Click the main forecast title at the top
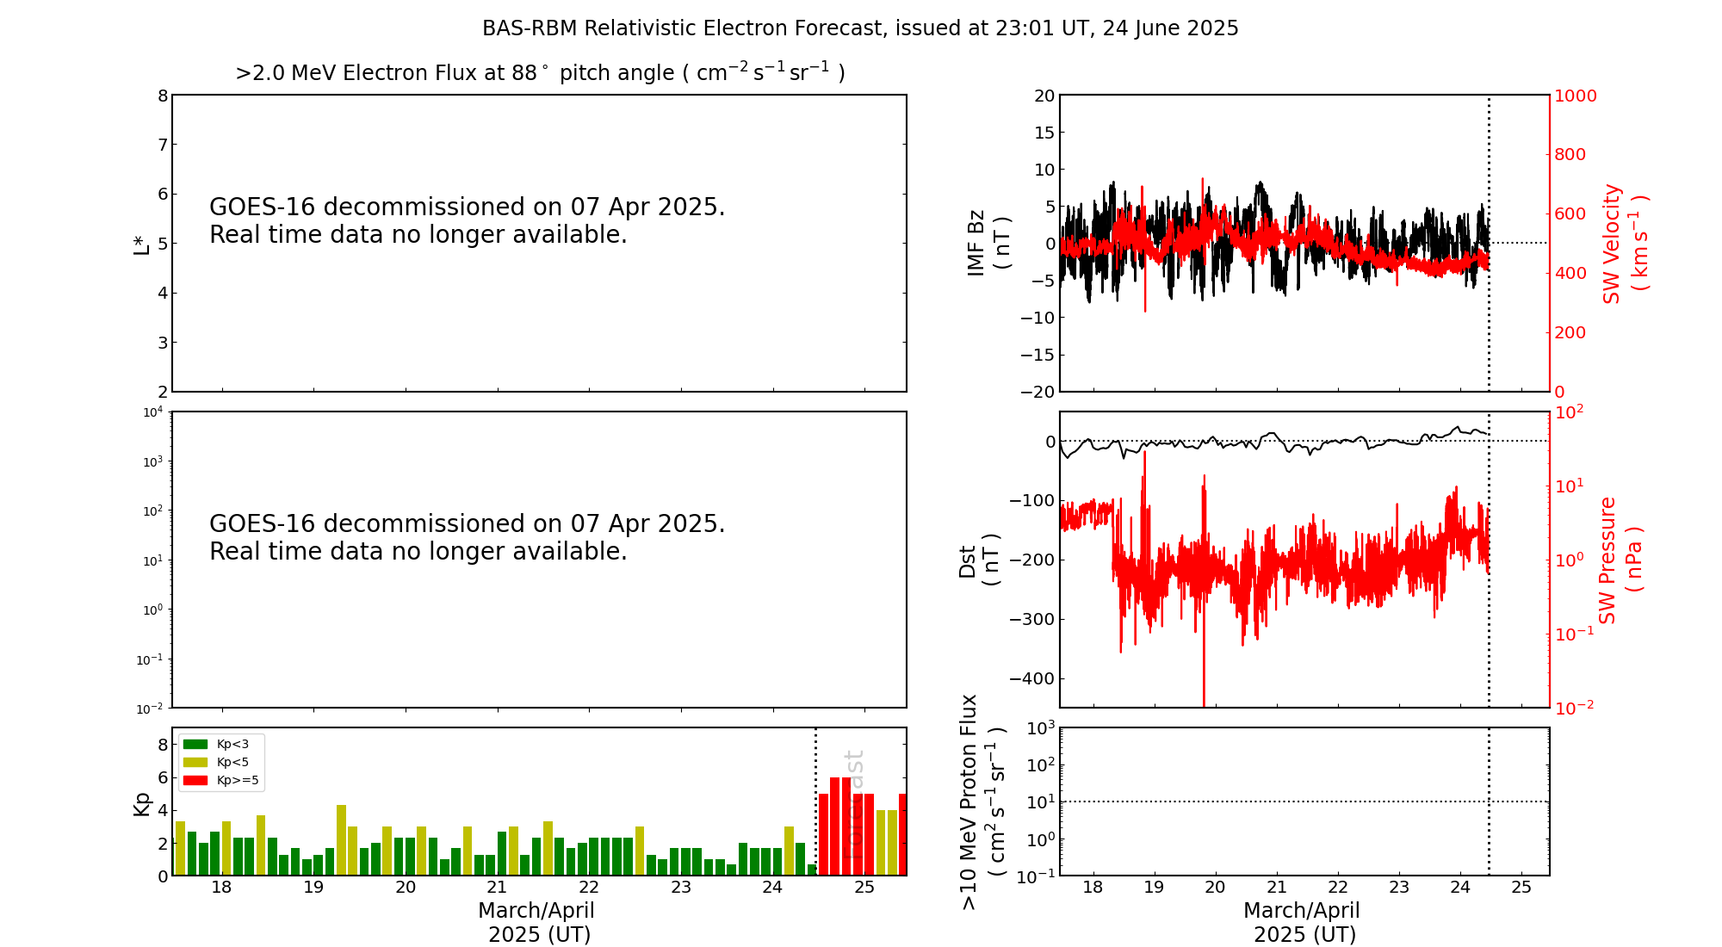860,28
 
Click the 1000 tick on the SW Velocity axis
1575,96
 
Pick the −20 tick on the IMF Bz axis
1038,392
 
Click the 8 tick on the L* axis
163,96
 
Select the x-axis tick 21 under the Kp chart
497,888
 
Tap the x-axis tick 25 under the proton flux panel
1521,888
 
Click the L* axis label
141,244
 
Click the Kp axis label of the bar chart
141,803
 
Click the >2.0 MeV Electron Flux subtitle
540,72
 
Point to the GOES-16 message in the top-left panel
467,220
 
